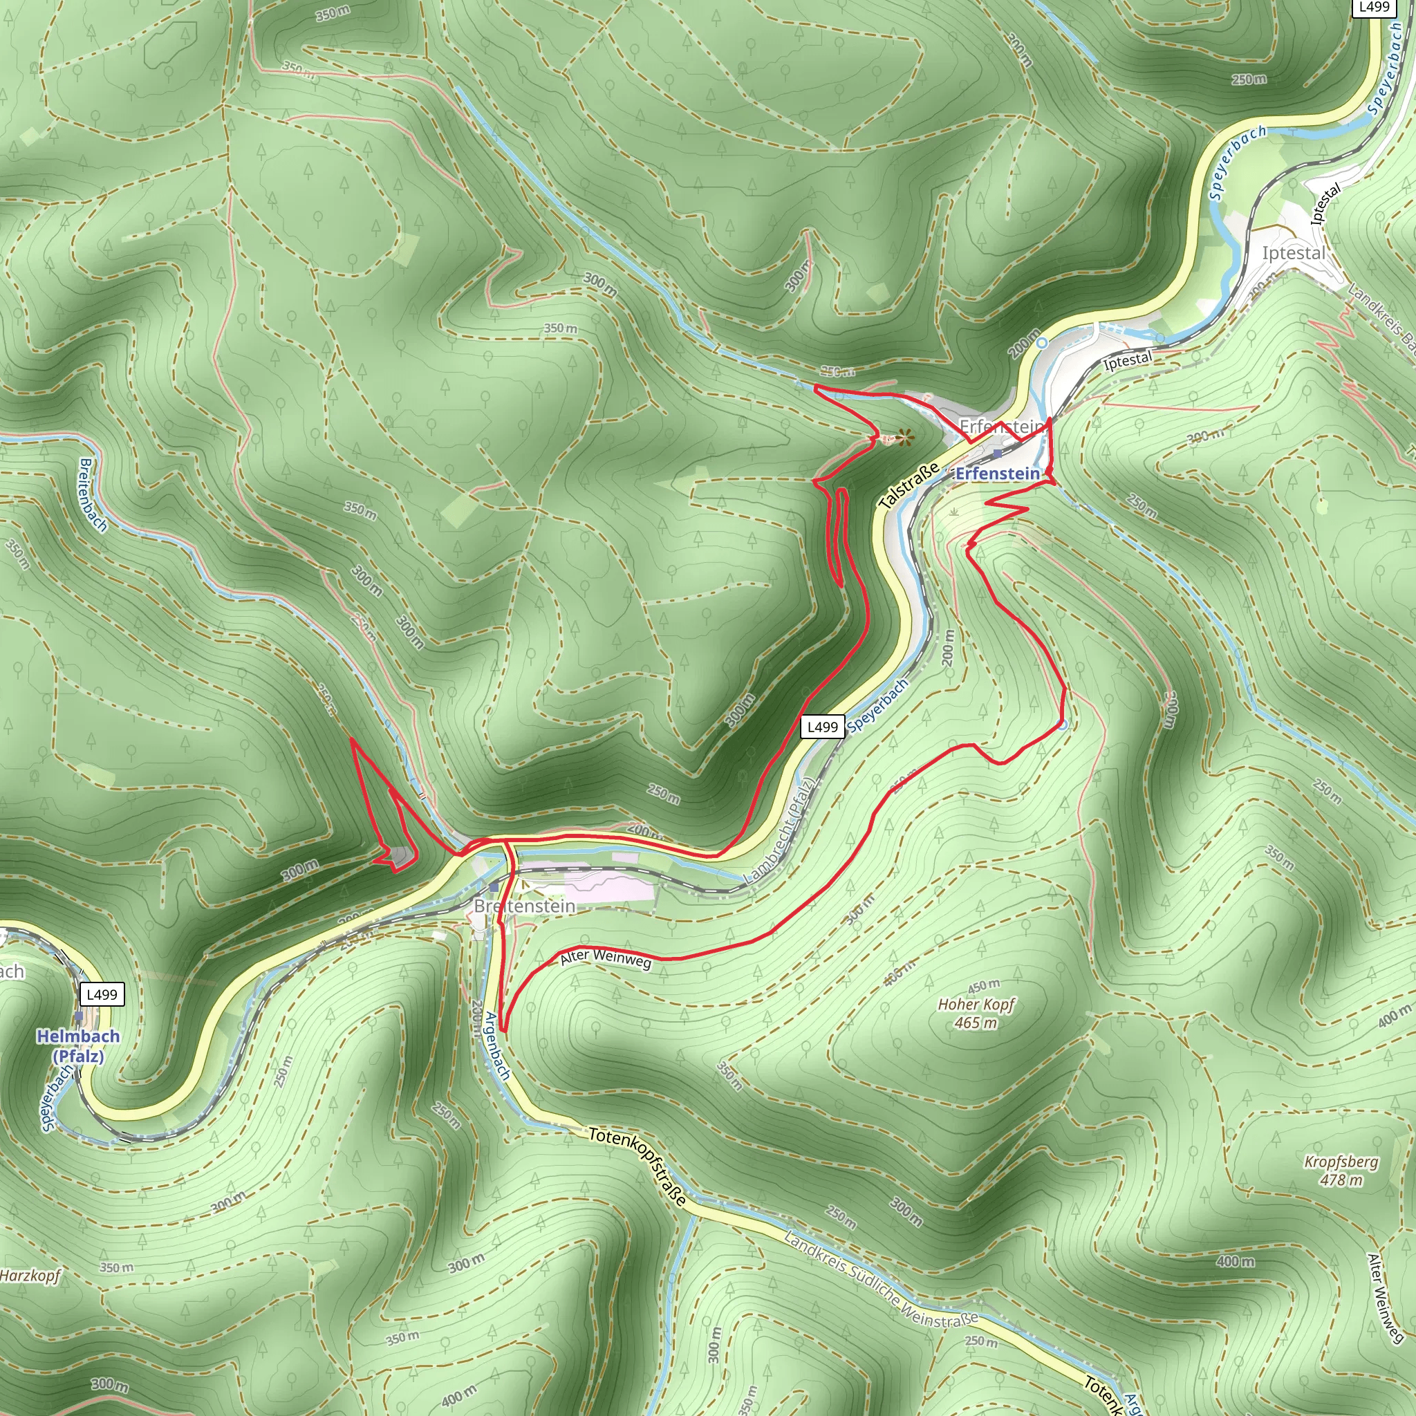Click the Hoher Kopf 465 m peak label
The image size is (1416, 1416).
coord(976,1013)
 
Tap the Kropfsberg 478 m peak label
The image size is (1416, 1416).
coord(1341,1171)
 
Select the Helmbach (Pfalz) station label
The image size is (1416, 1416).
coord(78,1046)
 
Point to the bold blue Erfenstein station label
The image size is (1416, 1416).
coord(998,474)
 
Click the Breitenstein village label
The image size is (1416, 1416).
coord(524,906)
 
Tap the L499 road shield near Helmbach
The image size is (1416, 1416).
coord(101,994)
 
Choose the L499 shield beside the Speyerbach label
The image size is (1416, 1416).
coord(821,727)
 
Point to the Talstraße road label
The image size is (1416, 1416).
coord(909,486)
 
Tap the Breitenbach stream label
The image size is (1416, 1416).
coord(93,496)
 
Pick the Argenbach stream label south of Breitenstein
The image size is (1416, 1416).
coord(498,1046)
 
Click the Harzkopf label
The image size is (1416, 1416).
coord(29,1275)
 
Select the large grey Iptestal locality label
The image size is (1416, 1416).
coord(1293,254)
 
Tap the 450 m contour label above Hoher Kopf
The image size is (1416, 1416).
coord(984,986)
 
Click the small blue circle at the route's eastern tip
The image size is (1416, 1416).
coord(1063,725)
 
